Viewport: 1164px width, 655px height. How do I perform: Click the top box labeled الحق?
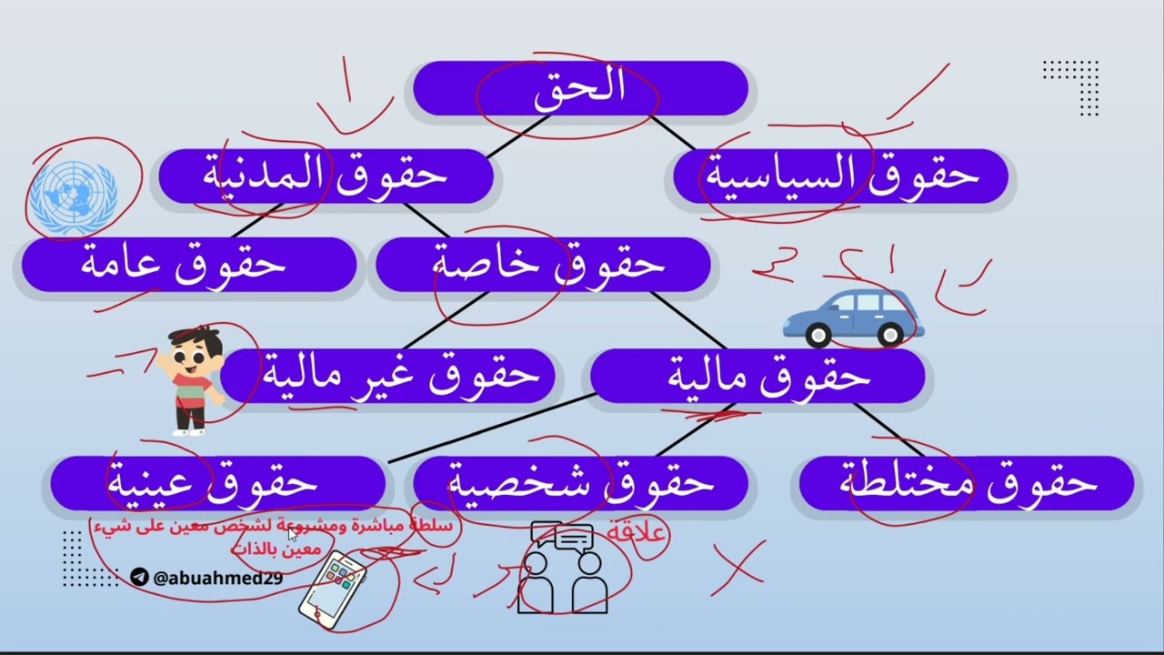coord(580,88)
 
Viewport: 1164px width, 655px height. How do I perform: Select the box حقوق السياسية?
coord(841,176)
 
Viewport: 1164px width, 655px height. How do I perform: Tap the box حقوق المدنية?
coord(326,176)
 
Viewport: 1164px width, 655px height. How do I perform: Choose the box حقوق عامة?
coord(186,264)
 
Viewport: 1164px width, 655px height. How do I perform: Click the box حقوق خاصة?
coord(544,264)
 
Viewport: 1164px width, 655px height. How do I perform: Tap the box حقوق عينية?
coord(216,483)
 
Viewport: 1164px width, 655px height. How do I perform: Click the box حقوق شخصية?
coord(580,483)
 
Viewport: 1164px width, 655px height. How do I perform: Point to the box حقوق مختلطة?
coord(967,483)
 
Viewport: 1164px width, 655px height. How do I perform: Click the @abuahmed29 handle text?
coord(218,578)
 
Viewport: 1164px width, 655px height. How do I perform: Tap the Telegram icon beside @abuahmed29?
coord(139,577)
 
